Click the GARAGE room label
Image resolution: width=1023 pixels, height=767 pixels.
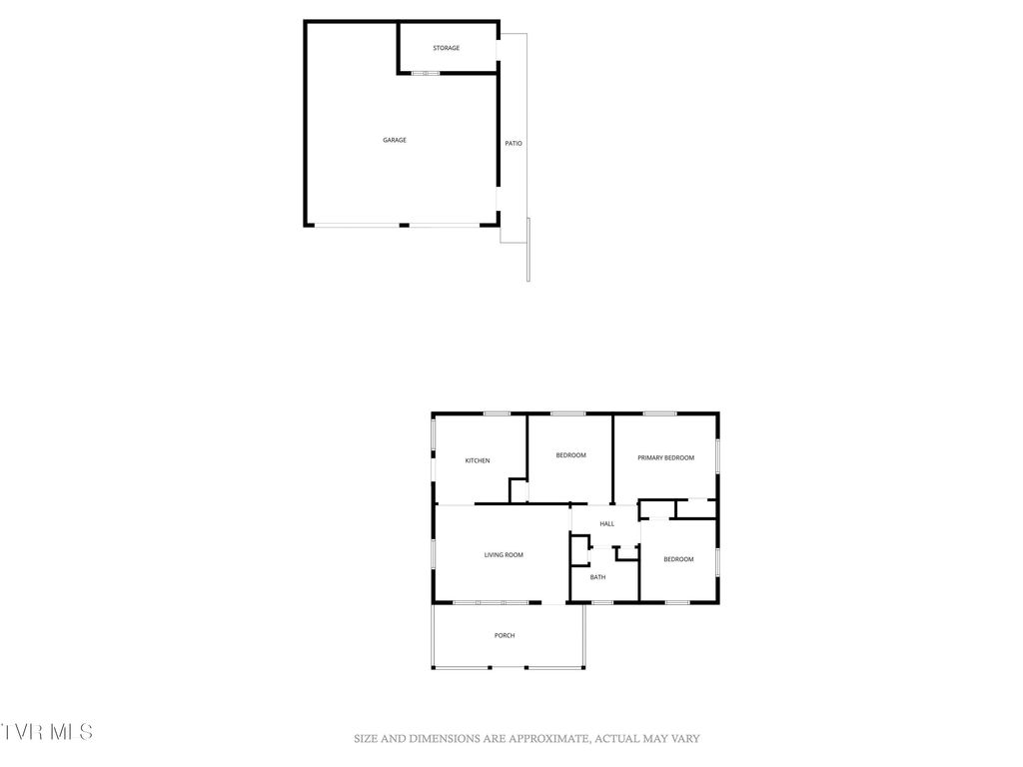(395, 140)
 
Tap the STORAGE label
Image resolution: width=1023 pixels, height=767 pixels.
(446, 48)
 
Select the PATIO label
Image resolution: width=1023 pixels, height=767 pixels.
(512, 144)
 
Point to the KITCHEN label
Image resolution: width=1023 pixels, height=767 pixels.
(478, 460)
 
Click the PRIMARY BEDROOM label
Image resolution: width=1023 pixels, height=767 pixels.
(665, 457)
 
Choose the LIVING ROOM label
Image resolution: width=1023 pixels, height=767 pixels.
(504, 555)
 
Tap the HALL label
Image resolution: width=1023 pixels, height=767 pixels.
(606, 523)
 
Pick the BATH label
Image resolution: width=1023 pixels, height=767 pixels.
(597, 577)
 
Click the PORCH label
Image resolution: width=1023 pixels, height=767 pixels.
(505, 635)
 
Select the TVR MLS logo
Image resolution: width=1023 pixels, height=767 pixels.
(47, 732)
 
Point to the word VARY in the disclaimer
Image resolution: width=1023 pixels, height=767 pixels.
(685, 739)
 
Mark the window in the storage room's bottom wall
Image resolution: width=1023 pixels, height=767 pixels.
(426, 73)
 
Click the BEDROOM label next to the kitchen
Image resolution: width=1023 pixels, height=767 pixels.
(570, 455)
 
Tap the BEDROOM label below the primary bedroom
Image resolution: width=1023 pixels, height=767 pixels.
(678, 559)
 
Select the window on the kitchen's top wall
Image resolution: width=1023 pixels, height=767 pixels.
(497, 413)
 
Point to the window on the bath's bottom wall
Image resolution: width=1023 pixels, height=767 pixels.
(602, 602)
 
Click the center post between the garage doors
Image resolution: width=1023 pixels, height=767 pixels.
(404, 225)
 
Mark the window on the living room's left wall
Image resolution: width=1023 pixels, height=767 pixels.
(433, 554)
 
